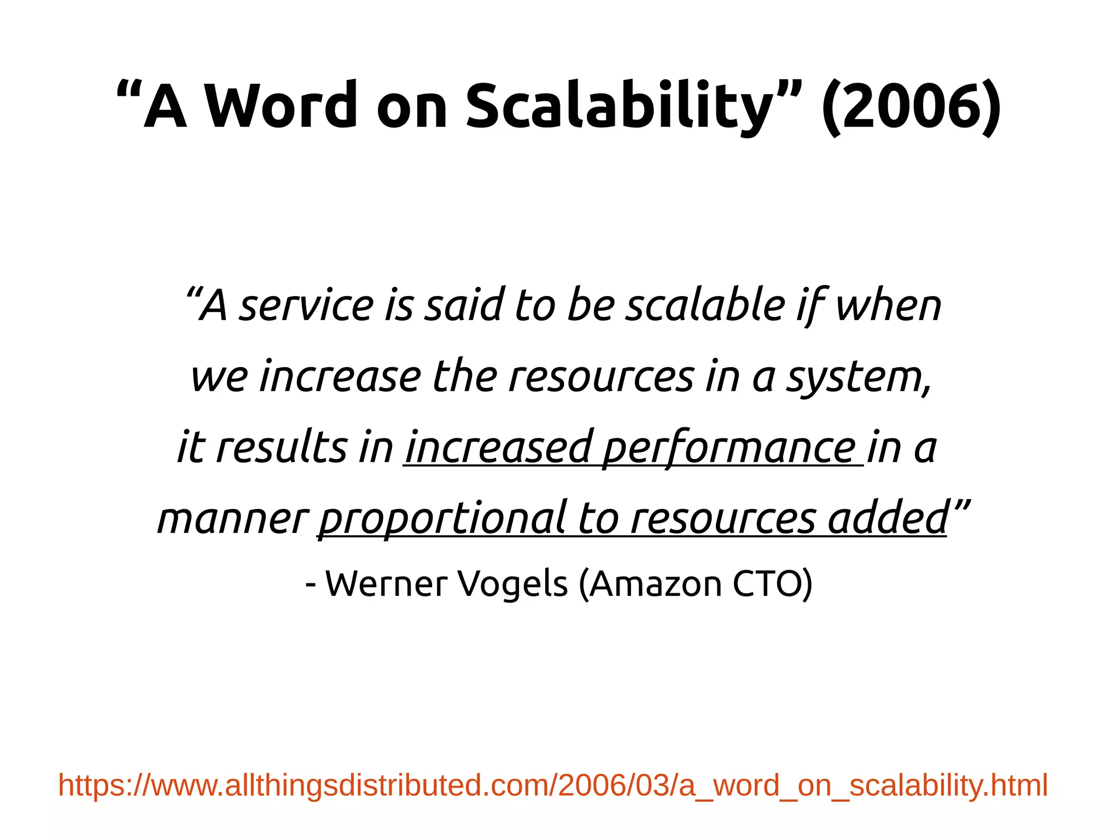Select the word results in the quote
click(282, 448)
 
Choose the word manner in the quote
click(233, 518)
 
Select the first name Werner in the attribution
click(386, 584)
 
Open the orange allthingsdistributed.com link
click(552, 785)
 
